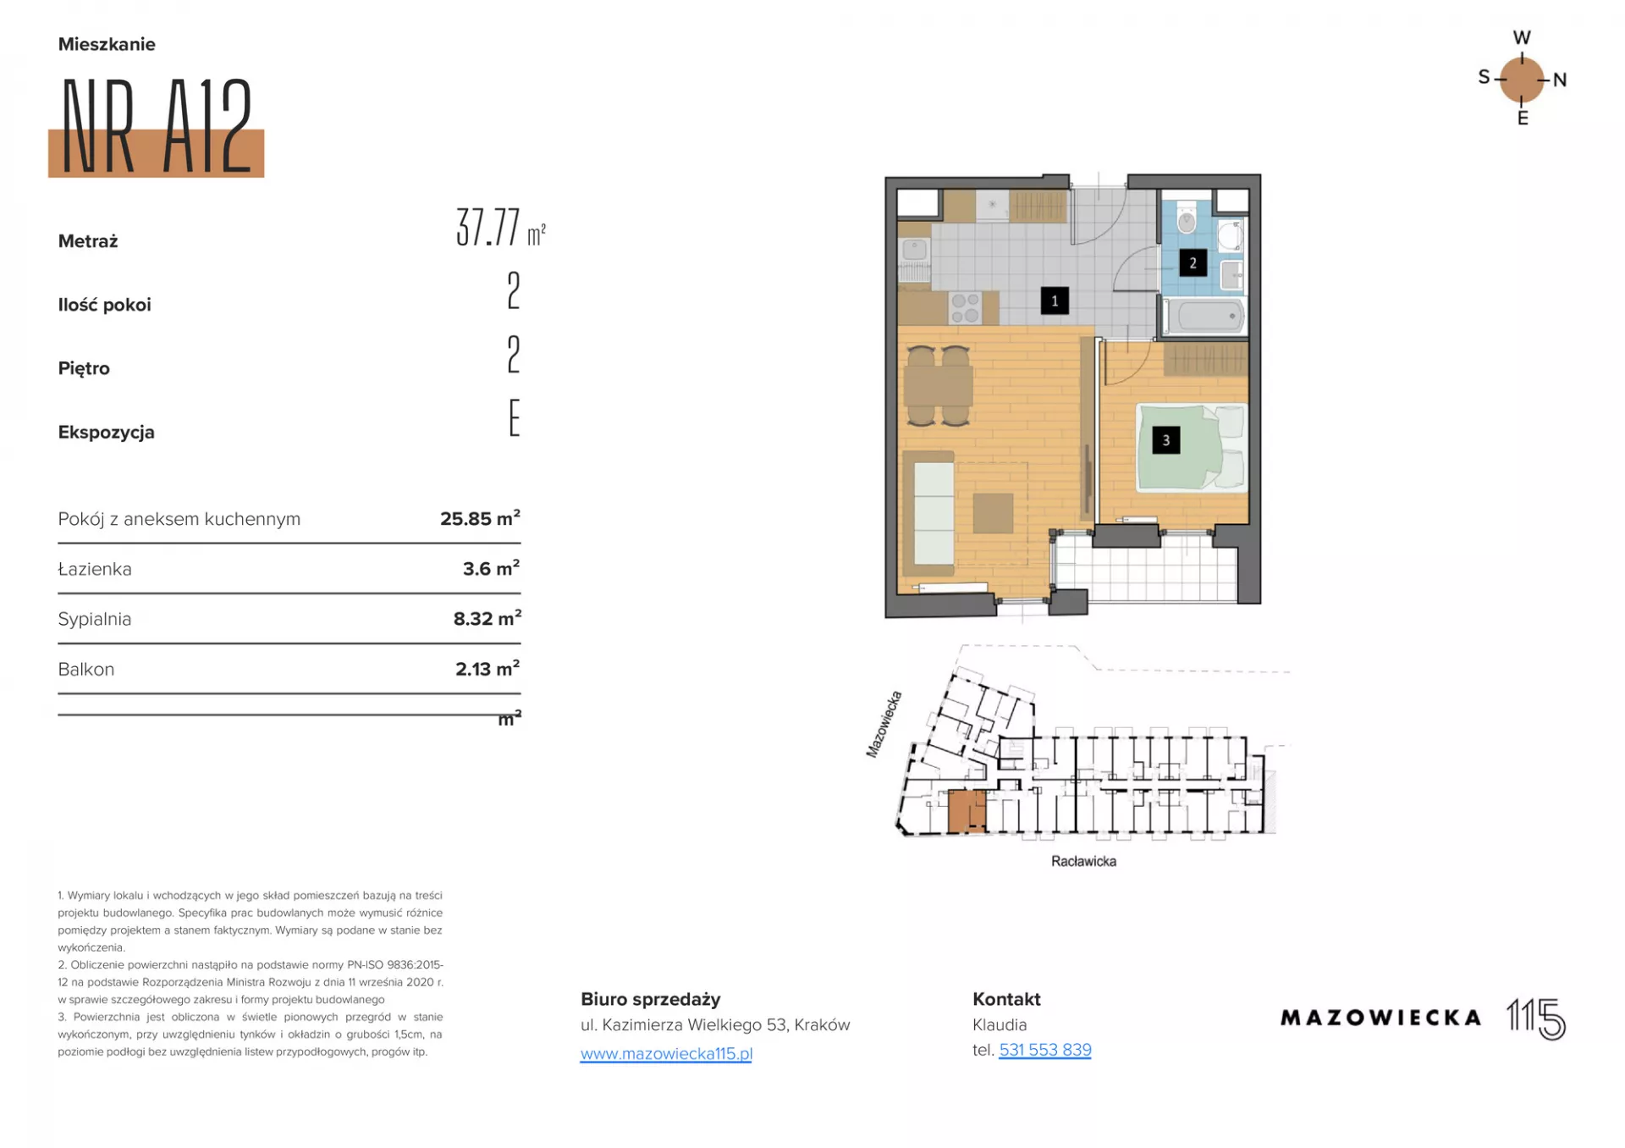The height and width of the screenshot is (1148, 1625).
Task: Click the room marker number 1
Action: [1054, 301]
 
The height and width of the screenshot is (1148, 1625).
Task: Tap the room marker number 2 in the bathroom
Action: [1193, 262]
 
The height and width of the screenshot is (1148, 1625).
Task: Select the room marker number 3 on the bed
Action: [1165, 440]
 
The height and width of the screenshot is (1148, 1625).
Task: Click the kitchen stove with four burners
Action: [965, 307]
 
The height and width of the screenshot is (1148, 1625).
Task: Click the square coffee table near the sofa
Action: [993, 514]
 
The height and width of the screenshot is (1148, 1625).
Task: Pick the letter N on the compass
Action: [1560, 80]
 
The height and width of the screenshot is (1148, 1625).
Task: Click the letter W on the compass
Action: [1522, 38]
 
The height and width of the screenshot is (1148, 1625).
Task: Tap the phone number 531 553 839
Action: [1045, 1050]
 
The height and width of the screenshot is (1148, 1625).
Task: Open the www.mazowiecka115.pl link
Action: [666, 1053]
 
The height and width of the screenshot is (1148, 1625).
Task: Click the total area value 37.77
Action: [488, 227]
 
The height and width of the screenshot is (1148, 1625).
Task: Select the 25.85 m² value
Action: [480, 518]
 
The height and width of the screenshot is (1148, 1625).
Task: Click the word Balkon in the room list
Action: [86, 670]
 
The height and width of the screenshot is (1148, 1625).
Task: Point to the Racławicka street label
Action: [1083, 861]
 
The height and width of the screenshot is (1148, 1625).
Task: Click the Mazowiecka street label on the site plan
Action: [884, 725]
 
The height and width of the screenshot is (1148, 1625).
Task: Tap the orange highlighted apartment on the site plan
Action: [967, 811]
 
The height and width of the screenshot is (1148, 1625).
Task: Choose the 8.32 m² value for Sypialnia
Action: [487, 618]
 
